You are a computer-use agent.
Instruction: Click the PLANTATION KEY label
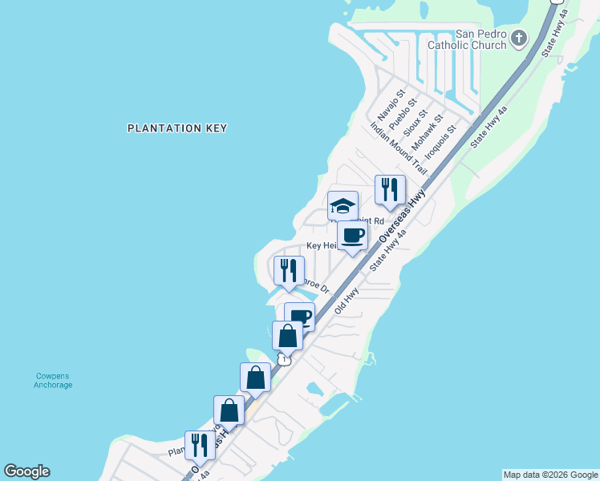[177, 128]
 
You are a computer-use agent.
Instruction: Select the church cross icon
[520, 37]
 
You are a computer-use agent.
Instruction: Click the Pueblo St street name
[403, 115]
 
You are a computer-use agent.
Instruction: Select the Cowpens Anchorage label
[53, 380]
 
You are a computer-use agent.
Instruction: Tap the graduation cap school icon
[343, 206]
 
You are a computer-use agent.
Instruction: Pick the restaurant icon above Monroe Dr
[289, 271]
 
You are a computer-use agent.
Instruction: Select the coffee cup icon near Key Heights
[352, 236]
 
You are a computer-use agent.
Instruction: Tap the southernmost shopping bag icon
[229, 410]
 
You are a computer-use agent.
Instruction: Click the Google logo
[26, 471]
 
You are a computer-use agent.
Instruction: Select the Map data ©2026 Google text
[550, 475]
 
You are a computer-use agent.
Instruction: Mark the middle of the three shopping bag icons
[255, 377]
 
